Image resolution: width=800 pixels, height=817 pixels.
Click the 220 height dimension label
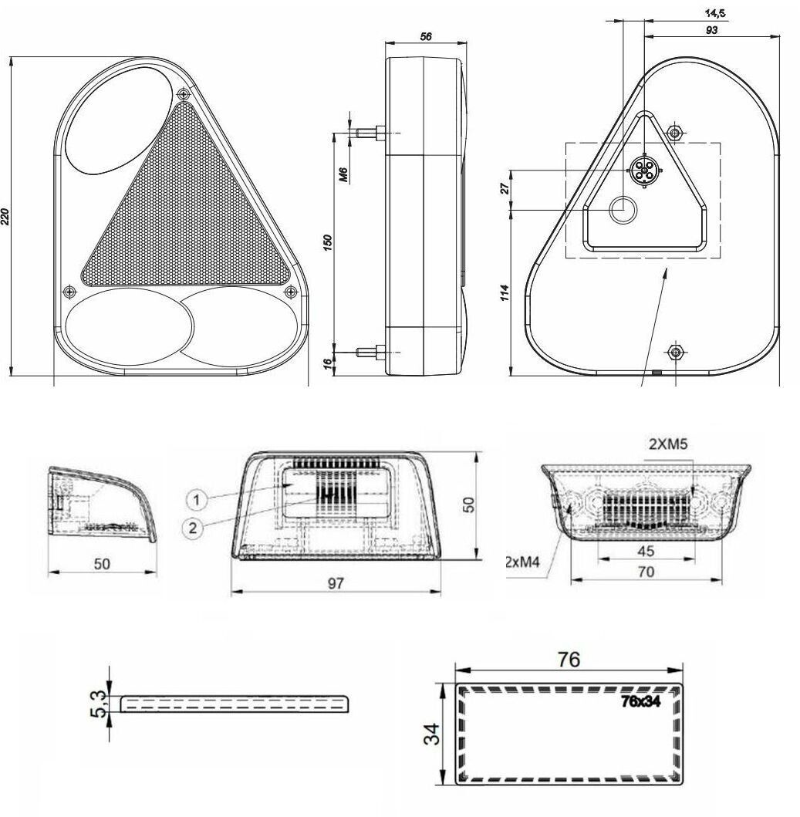coord(7,217)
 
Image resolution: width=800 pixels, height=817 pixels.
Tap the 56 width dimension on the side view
coord(424,37)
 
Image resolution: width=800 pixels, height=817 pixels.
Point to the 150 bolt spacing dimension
coord(327,241)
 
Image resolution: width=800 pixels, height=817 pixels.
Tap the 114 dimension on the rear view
coord(505,293)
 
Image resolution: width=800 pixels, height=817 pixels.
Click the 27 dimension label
coord(505,188)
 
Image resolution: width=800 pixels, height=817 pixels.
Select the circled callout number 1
coord(197,501)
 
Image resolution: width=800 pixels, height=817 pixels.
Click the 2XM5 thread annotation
coord(668,444)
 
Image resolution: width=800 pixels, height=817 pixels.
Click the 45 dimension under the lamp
coord(646,552)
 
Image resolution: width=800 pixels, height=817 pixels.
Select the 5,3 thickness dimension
coord(98,702)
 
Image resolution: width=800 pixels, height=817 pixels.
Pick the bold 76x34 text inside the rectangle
coord(645,701)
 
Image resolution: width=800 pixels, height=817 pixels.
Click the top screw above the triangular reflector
coord(183,94)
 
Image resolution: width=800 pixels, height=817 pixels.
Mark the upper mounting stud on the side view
coord(369,133)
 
